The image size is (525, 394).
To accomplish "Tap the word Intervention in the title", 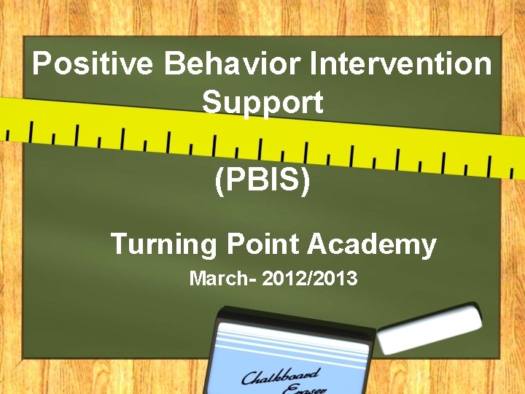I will pos(401,64).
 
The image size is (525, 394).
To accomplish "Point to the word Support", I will pos(262,102).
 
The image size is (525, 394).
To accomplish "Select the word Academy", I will pos(371,244).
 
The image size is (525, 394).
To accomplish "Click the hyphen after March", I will pos(250,279).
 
